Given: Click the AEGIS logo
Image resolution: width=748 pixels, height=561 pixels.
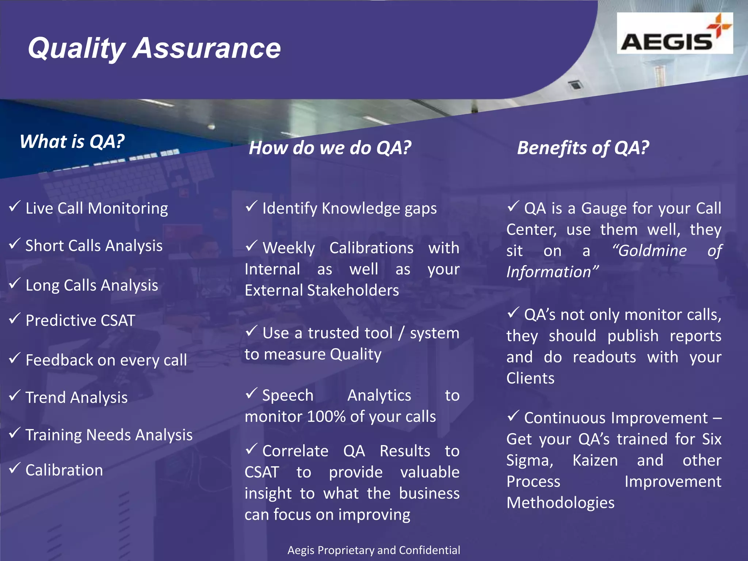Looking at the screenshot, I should [674, 34].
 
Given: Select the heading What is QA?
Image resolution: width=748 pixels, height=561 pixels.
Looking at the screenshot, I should [72, 141].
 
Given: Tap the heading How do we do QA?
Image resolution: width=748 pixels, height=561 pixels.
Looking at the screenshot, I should [330, 148].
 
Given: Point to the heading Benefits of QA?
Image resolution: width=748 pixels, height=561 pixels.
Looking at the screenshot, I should [583, 148].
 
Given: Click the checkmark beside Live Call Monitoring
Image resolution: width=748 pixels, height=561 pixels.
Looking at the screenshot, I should [14, 206].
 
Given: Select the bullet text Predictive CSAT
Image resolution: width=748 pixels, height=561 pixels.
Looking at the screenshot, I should [80, 320].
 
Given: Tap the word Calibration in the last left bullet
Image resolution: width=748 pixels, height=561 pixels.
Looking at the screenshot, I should [64, 470].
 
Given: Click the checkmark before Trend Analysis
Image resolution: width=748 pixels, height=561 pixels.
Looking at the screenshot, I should [14, 395].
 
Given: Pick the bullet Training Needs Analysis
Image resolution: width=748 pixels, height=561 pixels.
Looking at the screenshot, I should [109, 435].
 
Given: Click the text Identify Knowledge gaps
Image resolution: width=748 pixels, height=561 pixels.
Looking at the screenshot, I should [350, 209].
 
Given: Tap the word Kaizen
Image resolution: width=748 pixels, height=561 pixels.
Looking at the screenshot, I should [595, 460].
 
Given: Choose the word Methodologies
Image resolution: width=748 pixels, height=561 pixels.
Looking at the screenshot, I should [560, 503].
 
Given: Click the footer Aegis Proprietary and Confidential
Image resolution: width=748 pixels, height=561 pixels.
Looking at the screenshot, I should [374, 550].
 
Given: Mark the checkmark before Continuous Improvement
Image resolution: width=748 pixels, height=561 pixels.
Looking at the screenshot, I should [513, 416].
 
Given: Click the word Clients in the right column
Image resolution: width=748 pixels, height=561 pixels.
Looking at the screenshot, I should [530, 378].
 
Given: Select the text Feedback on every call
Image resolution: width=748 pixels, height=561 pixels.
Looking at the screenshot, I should [106, 360].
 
